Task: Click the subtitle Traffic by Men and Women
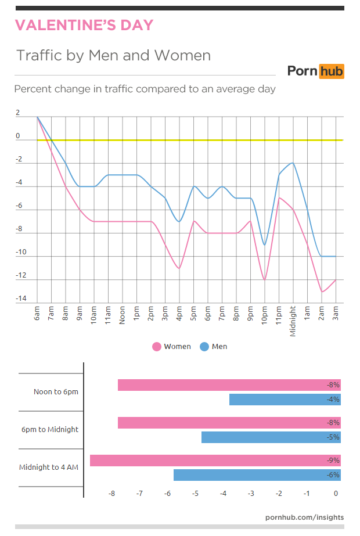tap(113, 56)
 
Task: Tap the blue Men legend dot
tap(204, 347)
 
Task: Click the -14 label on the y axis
tap(21, 299)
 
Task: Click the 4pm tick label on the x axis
tap(179, 315)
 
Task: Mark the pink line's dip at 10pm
tap(265, 280)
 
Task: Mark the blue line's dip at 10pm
tap(265, 245)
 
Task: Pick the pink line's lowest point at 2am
tap(322, 292)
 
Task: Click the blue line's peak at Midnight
tap(293, 163)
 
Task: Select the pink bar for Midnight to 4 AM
tap(215, 461)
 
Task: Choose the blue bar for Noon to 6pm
tap(285, 400)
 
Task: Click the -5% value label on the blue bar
tap(333, 437)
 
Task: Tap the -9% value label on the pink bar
tap(333, 461)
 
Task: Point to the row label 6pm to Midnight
tap(49, 430)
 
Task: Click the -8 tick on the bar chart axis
tap(111, 494)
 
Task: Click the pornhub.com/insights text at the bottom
tap(304, 517)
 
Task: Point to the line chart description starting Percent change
tap(145, 89)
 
